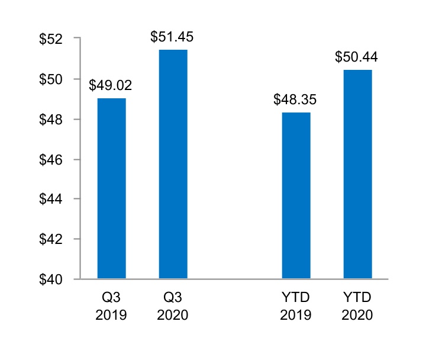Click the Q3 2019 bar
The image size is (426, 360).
coord(111,188)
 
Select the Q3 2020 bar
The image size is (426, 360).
coord(173,164)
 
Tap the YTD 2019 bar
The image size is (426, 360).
coord(296,195)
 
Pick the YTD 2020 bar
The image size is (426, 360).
coord(357,174)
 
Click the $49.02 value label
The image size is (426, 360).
coord(111,85)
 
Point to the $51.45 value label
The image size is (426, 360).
coord(172,37)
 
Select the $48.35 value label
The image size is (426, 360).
coord(295,99)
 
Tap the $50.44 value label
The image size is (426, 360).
coord(357,57)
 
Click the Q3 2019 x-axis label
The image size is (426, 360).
coord(111,306)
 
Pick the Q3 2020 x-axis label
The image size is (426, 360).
coord(173,306)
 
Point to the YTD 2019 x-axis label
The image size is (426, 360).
coord(296,306)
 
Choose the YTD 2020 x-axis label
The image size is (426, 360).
coord(357,306)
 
